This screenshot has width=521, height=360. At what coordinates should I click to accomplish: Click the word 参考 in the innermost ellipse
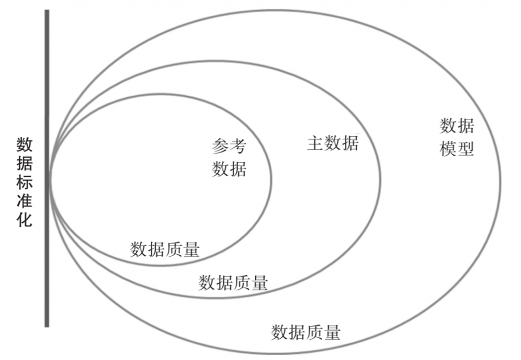229,146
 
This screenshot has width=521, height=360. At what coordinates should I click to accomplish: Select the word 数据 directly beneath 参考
229,168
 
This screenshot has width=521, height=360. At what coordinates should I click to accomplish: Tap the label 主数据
333,143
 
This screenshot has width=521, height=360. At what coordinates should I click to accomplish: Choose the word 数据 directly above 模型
457,126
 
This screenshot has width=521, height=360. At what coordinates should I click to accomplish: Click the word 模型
457,148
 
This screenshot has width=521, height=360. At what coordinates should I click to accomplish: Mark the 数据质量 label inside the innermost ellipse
165,249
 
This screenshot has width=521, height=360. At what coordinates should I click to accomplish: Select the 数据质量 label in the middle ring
233,282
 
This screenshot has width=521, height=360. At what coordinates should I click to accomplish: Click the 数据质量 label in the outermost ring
306,332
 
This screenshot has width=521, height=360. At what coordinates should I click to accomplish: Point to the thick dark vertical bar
47,168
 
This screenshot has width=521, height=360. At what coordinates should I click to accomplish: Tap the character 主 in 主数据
315,143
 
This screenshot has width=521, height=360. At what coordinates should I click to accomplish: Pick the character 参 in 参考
220,146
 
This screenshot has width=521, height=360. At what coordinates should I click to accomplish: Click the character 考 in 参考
238,146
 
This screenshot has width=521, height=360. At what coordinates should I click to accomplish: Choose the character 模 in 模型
448,148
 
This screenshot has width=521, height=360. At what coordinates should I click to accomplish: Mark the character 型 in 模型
466,148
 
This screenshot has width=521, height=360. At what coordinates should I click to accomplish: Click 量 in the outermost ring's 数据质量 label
332,332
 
